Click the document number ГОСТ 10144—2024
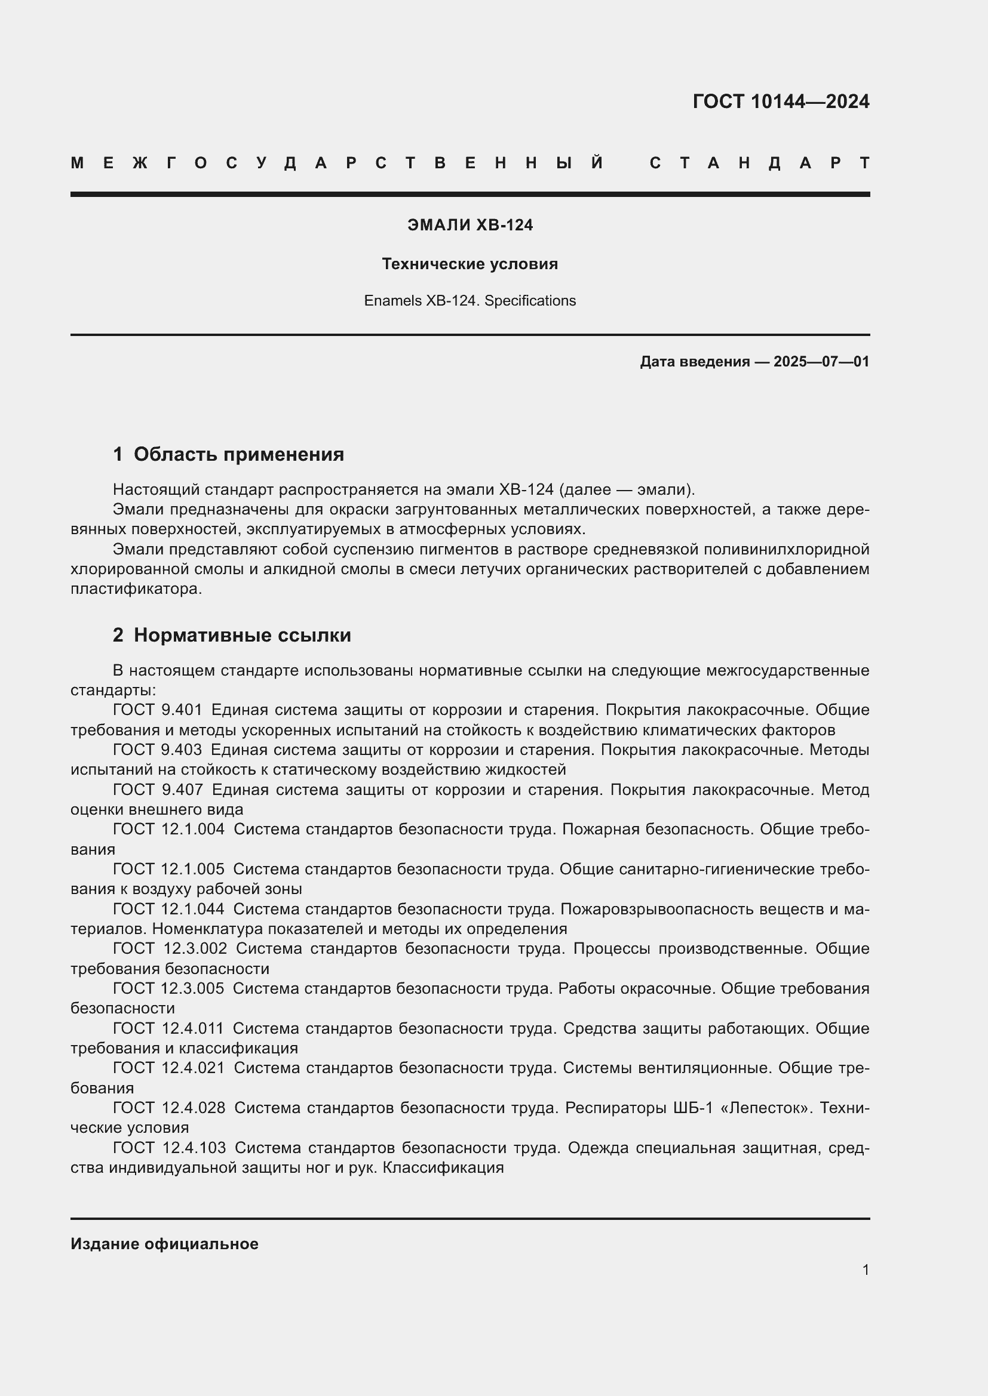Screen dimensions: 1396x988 (x=781, y=101)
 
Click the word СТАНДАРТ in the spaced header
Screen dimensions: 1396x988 (x=760, y=163)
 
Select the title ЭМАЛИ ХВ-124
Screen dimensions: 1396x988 (x=470, y=225)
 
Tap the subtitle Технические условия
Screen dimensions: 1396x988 (x=470, y=264)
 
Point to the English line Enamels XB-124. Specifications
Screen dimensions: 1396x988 (x=470, y=301)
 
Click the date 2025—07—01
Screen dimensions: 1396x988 (x=821, y=362)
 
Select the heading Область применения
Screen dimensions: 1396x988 (x=238, y=454)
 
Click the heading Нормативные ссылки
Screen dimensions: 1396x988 (x=242, y=635)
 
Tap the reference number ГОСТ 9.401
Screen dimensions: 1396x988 (x=157, y=710)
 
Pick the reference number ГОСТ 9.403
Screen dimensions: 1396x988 (x=157, y=750)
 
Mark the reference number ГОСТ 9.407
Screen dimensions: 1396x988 (x=157, y=790)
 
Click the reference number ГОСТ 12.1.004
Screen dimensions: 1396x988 (x=168, y=830)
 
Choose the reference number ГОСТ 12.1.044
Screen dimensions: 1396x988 (x=168, y=909)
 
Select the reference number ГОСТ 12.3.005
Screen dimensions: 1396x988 (x=168, y=988)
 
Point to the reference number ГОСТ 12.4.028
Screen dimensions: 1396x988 (x=168, y=1108)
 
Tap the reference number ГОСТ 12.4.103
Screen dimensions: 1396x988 (x=168, y=1148)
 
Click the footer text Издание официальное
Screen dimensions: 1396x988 (x=164, y=1244)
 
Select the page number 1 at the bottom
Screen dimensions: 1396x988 (x=865, y=1269)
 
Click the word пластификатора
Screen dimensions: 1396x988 (x=135, y=589)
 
